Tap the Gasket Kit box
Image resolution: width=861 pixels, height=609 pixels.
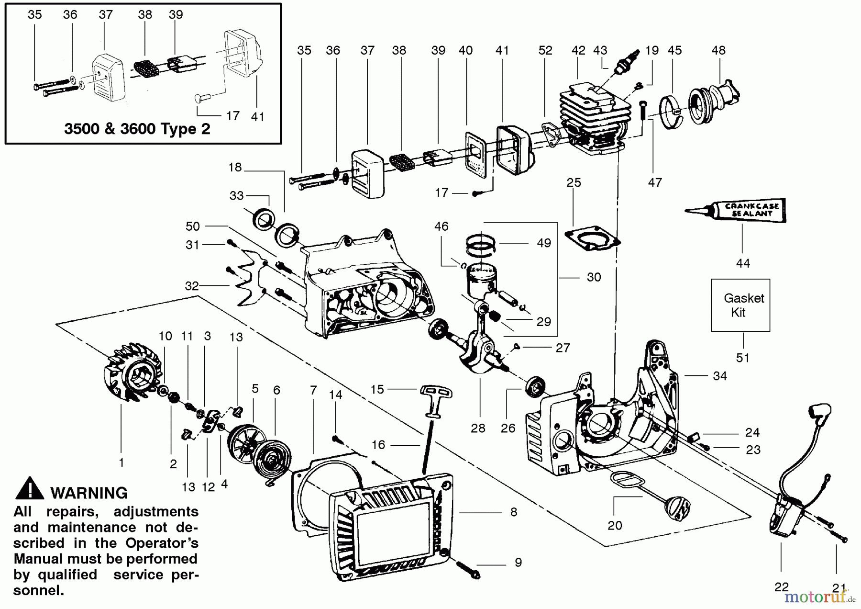pos(740,305)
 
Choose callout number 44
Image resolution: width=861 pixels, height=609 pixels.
pos(743,263)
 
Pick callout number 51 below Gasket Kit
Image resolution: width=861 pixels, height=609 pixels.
pos(743,358)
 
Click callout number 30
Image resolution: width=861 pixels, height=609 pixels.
pos(594,277)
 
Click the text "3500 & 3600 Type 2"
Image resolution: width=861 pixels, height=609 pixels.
pos(137,129)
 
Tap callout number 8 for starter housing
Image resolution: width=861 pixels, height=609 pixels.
pos(513,512)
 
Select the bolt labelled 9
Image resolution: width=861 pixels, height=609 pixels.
pos(469,570)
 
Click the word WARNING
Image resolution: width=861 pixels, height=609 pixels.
pos(89,493)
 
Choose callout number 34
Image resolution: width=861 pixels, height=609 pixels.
pos(719,376)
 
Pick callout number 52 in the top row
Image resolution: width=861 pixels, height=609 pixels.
pos(545,50)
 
